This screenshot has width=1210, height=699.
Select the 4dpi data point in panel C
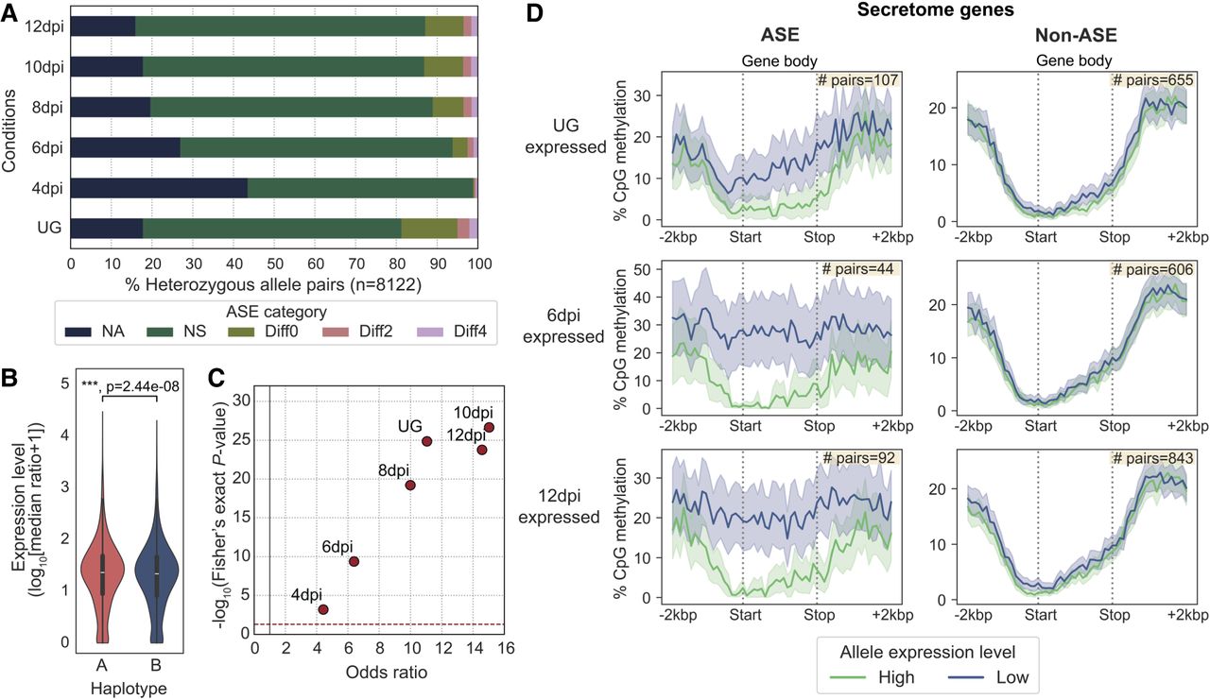tap(323, 609)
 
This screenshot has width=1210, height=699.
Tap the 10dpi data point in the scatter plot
tap(489, 428)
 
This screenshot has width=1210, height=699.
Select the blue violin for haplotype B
tap(159, 567)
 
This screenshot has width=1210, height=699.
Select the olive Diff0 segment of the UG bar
tap(429, 229)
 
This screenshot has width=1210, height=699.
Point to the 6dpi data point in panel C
tap(354, 562)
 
